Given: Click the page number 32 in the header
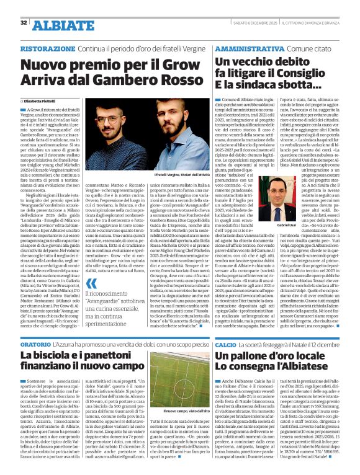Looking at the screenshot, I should click(x=23, y=23).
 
